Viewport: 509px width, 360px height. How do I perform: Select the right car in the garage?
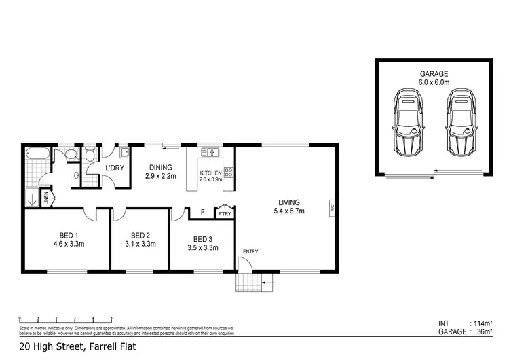tap(459, 124)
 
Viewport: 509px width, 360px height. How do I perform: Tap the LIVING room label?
tap(288, 202)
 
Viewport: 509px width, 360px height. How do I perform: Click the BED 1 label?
tap(67, 238)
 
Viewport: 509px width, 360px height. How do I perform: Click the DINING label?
tap(160, 167)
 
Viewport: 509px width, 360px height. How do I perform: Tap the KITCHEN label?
tap(210, 173)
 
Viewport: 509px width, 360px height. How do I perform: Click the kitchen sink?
tap(211, 151)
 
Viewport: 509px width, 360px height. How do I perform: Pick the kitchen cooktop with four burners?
tap(228, 172)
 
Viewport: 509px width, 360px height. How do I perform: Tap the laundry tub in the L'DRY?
tap(123, 151)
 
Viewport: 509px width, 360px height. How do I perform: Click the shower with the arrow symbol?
tap(31, 198)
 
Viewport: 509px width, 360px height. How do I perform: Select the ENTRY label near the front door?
tap(250, 252)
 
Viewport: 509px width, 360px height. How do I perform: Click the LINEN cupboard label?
tap(46, 198)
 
